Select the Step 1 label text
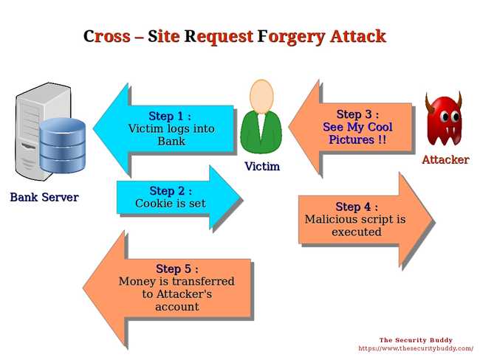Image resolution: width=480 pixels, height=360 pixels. (170, 116)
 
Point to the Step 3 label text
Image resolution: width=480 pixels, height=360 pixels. (357, 114)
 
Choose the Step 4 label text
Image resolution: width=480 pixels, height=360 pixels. (357, 207)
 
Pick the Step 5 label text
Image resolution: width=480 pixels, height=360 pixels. (177, 269)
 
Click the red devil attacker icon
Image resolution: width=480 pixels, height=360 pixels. (444, 120)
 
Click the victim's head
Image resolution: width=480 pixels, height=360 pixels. (261, 95)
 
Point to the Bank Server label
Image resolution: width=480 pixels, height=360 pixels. (44, 197)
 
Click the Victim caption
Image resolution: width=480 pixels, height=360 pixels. (262, 167)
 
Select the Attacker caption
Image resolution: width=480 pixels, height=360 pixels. (445, 159)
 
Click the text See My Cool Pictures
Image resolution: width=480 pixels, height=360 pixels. (357, 134)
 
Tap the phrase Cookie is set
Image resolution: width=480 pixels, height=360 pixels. (171, 204)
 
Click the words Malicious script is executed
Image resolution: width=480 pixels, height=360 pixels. (355, 226)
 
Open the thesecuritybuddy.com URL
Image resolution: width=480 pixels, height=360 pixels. (416, 348)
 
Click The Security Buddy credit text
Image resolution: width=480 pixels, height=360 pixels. (416, 340)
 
